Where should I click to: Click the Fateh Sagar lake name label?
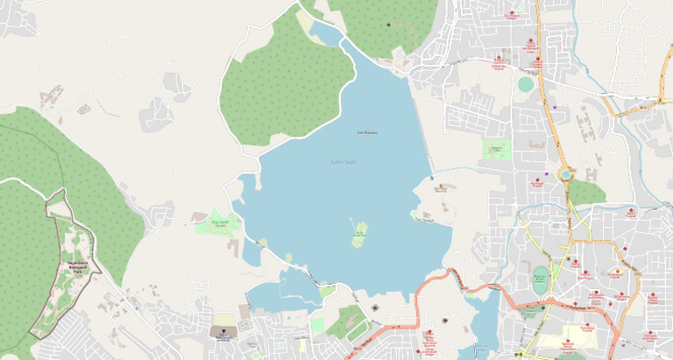pos(344,161)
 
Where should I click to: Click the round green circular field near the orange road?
pos(525,84)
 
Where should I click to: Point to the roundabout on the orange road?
pos(565,174)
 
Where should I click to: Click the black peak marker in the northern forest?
pos(389,25)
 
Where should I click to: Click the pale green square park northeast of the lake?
pos(497,150)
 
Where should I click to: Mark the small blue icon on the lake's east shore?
pos(431,178)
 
